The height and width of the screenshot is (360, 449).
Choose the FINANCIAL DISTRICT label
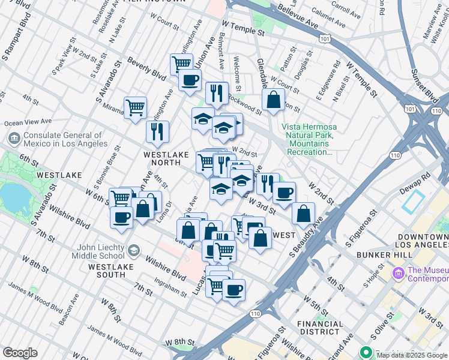pyautogui.click(x=321, y=328)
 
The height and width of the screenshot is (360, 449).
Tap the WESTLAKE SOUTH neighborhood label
pyautogui.click(x=107, y=270)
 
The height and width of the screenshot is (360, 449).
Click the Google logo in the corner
pyautogui.click(x=19, y=353)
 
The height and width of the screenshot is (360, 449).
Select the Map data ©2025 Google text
pyautogui.click(x=412, y=355)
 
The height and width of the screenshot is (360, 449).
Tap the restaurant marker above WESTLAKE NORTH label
pyautogui.click(x=157, y=131)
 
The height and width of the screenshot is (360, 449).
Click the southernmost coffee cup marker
pyautogui.click(x=234, y=290)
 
